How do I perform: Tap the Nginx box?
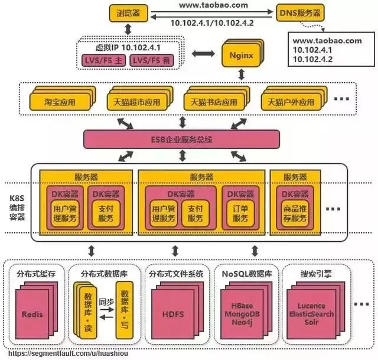point(241,56)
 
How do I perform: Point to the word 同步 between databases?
point(107,301)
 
